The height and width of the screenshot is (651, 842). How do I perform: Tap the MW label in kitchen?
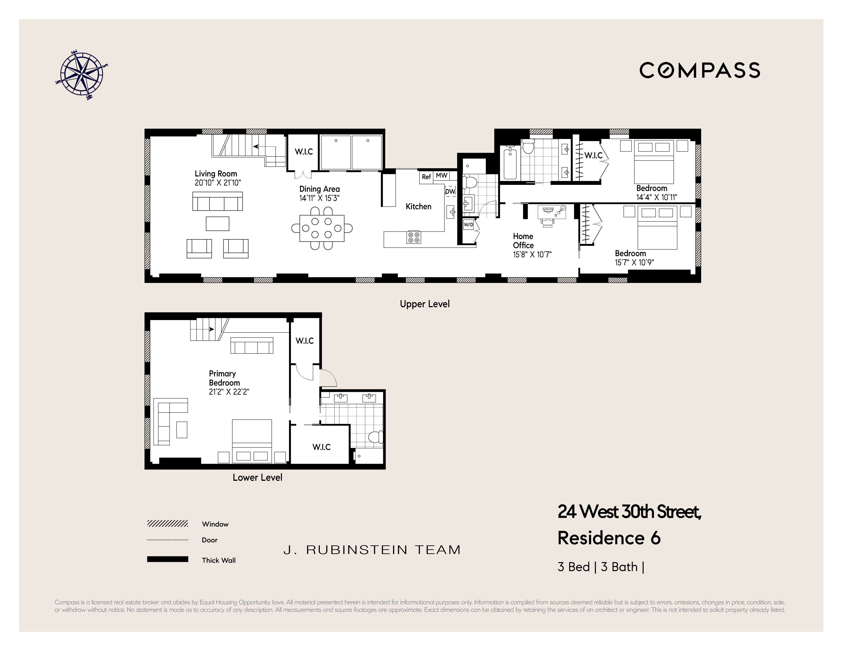[x=442, y=176]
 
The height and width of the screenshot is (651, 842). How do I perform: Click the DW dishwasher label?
[x=450, y=191]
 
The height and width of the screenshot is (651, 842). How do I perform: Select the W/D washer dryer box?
[x=468, y=225]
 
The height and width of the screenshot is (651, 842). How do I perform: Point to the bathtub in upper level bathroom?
[x=510, y=164]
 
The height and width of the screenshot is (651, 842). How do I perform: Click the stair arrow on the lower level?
[x=211, y=329]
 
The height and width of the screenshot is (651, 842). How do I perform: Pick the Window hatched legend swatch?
[x=167, y=524]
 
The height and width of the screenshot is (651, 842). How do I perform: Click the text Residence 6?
[x=609, y=538]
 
